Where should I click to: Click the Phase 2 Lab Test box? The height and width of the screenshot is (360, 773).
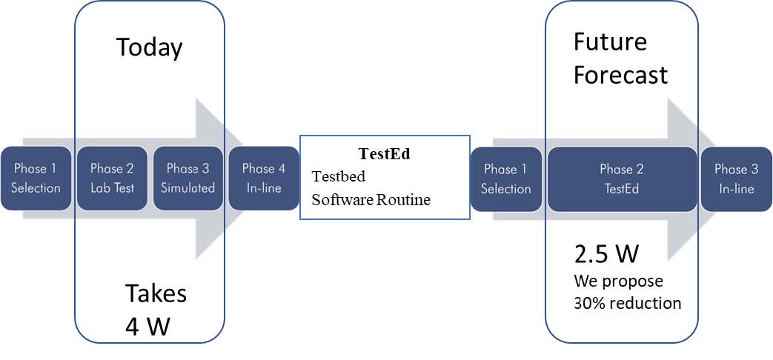pos(112,179)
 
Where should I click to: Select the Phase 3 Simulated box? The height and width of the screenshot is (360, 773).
pos(188,179)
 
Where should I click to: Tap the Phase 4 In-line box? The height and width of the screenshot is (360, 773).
pos(264,179)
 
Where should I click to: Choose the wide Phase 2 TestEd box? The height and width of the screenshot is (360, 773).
pos(622,179)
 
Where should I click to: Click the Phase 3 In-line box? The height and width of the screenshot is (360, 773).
pos(737,179)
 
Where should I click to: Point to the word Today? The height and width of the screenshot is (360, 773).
pos(150,49)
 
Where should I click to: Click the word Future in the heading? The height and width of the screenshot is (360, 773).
pos(610,42)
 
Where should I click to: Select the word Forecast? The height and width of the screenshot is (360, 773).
pos(620,76)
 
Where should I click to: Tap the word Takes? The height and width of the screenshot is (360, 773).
pos(156,293)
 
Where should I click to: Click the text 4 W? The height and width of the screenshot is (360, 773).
pos(147,327)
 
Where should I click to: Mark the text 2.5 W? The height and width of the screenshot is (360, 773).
pos(606,255)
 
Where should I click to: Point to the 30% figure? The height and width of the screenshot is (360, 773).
pos(590,302)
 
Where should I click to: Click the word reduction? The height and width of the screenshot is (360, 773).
pos(646,302)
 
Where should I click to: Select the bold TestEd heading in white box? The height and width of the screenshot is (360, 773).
pos(385,153)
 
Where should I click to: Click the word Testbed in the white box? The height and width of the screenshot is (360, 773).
pos(339,176)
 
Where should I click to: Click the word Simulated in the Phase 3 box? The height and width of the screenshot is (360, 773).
pos(188,187)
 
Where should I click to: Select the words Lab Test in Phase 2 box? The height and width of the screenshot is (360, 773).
pos(112,187)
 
